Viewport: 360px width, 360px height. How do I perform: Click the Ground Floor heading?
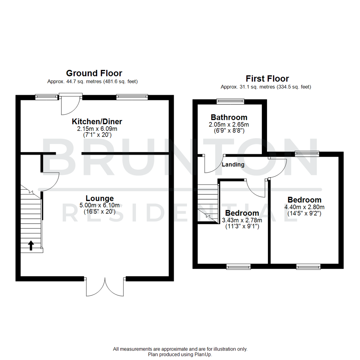pos(94,73)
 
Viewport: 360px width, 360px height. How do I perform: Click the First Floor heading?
pos(267,79)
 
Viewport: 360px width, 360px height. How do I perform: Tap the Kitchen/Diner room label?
pos(94,121)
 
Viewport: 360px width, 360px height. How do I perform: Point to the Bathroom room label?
pos(229,117)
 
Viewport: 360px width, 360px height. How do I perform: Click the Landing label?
pos(233,164)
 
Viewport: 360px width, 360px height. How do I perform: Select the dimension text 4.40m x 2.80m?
pos(304,207)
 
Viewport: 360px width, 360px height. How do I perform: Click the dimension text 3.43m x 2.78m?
pos(242,220)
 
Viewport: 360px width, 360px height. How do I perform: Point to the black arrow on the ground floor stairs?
pos(31,246)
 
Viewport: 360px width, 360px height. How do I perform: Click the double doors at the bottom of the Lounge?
pos(105,287)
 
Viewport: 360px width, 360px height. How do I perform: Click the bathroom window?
pos(230,100)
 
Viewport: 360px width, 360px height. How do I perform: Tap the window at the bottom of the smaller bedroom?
pos(238,266)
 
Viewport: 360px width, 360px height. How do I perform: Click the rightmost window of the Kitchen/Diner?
pos(132,97)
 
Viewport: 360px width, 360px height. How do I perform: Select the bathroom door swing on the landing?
pos(213,164)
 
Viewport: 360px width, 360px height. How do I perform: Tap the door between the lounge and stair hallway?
pos(50,181)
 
